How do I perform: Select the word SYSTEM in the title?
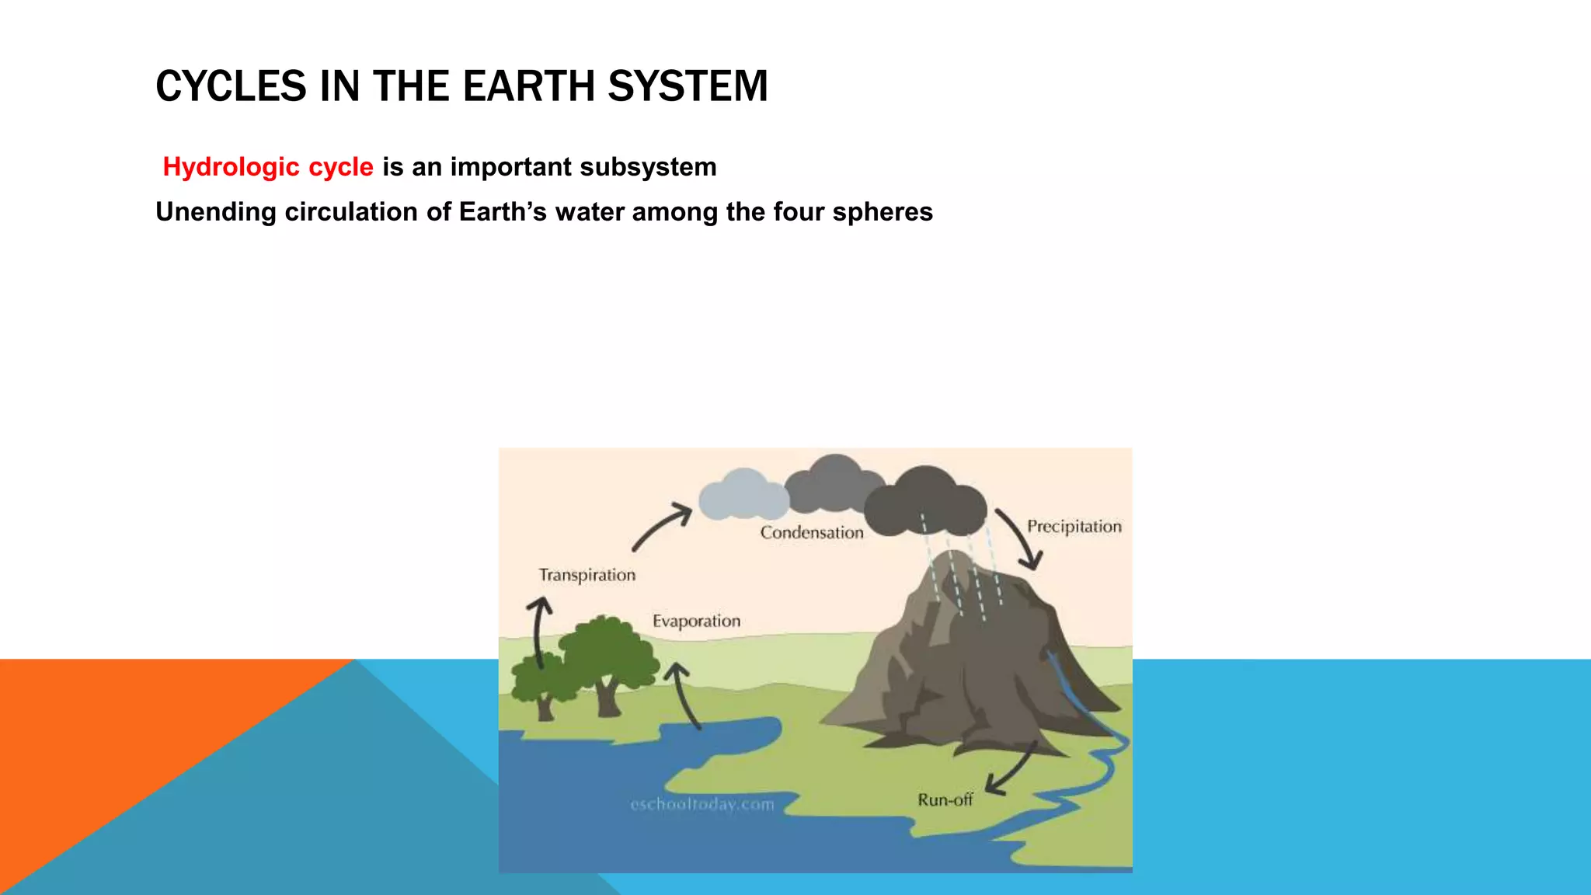click(688, 86)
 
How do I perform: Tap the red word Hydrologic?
click(231, 167)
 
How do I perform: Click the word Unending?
click(215, 212)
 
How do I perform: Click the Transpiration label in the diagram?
click(587, 575)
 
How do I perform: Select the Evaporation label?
click(696, 621)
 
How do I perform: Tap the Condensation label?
click(812, 533)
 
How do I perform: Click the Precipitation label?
click(1074, 527)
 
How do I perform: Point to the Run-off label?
click(945, 800)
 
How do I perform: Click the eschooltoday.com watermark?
click(702, 805)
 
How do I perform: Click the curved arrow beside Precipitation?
click(1021, 538)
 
